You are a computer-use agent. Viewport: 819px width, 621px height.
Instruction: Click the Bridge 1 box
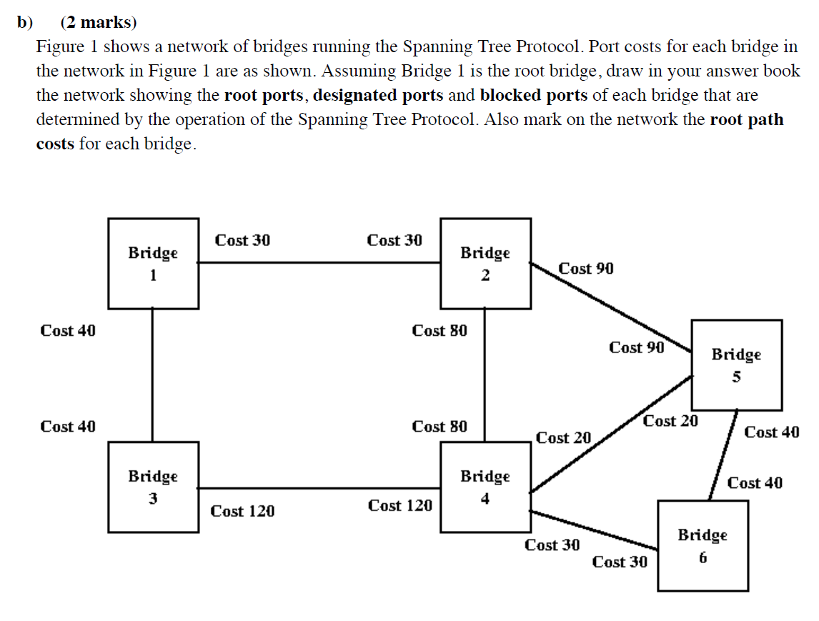[x=153, y=264]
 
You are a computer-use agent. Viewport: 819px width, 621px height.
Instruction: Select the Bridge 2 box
[x=485, y=264]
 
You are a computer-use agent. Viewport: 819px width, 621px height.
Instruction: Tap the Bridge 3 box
[x=153, y=487]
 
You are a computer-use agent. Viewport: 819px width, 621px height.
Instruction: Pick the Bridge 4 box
[x=485, y=487]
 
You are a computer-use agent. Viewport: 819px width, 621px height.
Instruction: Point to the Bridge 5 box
[x=736, y=364]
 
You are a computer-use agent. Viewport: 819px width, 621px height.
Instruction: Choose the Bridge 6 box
[x=703, y=545]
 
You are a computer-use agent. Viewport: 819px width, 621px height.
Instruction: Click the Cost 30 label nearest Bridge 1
[x=242, y=240]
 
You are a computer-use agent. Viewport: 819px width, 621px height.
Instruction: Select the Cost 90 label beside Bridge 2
[x=585, y=269]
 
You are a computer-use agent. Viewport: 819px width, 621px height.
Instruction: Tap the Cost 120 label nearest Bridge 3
[x=242, y=511]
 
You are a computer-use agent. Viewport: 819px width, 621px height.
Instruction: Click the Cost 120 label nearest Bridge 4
[x=399, y=506]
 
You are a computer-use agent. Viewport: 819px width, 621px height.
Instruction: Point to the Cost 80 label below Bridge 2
[x=440, y=331]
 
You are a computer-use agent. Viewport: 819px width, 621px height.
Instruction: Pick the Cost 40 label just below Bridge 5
[x=771, y=432]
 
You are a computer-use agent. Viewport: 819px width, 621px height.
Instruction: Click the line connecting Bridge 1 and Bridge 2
[x=319, y=262]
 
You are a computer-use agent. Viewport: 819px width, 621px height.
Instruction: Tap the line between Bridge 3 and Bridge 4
[x=319, y=489]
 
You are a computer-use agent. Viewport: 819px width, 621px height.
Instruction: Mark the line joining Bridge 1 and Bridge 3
[x=153, y=375]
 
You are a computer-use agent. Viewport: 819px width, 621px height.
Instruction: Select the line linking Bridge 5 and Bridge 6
[x=723, y=456]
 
